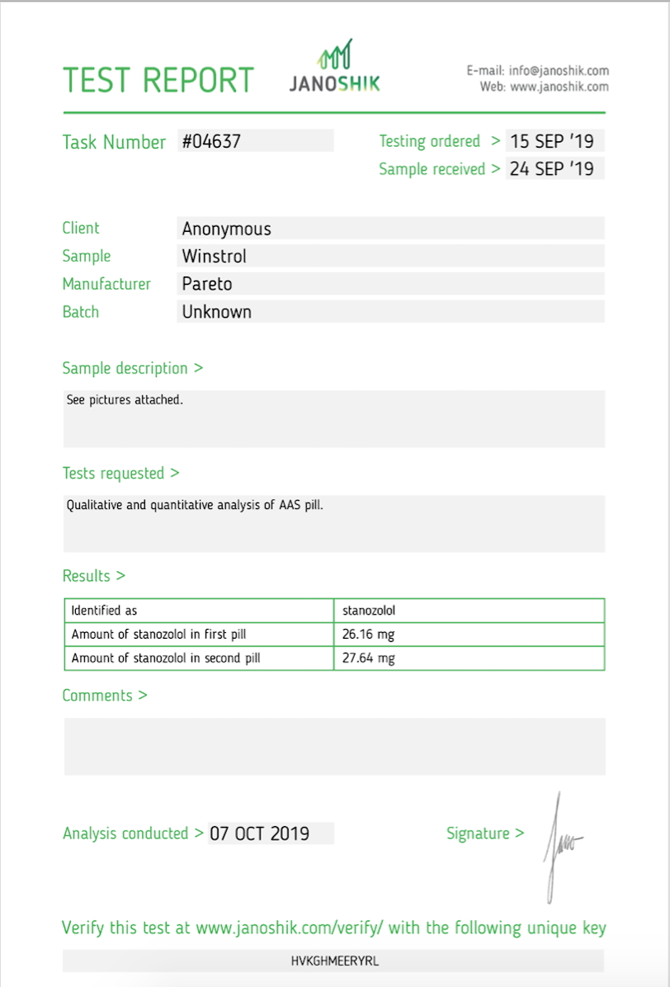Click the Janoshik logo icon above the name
coord(336,55)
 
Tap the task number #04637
coord(211,141)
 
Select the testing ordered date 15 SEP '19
coord(551,141)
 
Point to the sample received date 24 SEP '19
coord(551,169)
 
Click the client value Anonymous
coord(226,229)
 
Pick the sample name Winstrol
coord(214,257)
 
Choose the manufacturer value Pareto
coord(207,284)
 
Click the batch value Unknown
coord(216,312)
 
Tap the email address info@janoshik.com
coord(559,71)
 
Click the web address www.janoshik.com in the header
coord(559,87)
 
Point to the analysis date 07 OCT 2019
coord(259,834)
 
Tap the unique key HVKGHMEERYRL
coord(334,961)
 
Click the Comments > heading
coord(105,696)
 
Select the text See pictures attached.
coord(124,400)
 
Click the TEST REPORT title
coord(158,80)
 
